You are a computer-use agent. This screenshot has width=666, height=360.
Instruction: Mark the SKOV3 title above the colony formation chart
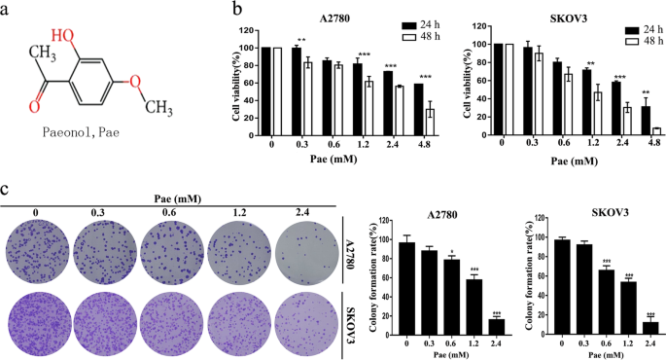pos(607,213)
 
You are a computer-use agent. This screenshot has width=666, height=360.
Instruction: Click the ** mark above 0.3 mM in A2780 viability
pos(303,40)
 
